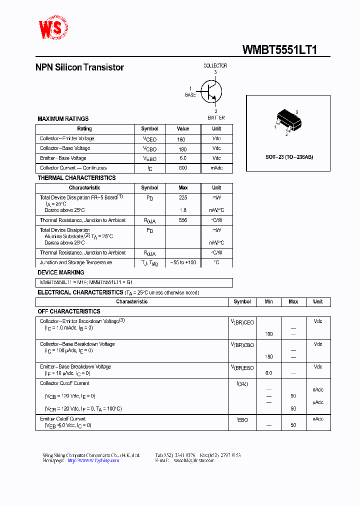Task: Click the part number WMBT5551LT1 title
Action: click(279, 49)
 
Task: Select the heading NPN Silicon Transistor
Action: click(79, 67)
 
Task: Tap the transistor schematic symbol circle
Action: click(211, 91)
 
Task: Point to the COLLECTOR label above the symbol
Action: click(215, 65)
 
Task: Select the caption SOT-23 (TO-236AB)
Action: click(289, 157)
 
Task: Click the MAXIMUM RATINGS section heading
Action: click(63, 119)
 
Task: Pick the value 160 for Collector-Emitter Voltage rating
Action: click(181, 139)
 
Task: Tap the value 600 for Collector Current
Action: click(183, 168)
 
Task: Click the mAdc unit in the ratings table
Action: click(216, 168)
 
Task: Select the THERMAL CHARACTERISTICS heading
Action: click(76, 178)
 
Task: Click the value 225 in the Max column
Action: click(183, 197)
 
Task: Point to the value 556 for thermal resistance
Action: click(183, 220)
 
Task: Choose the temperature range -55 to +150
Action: click(183, 262)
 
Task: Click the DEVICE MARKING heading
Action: click(61, 272)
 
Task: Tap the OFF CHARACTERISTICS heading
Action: click(69, 311)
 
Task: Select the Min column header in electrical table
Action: click(268, 301)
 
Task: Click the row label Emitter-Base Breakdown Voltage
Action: click(75, 366)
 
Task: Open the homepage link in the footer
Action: click(93, 460)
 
